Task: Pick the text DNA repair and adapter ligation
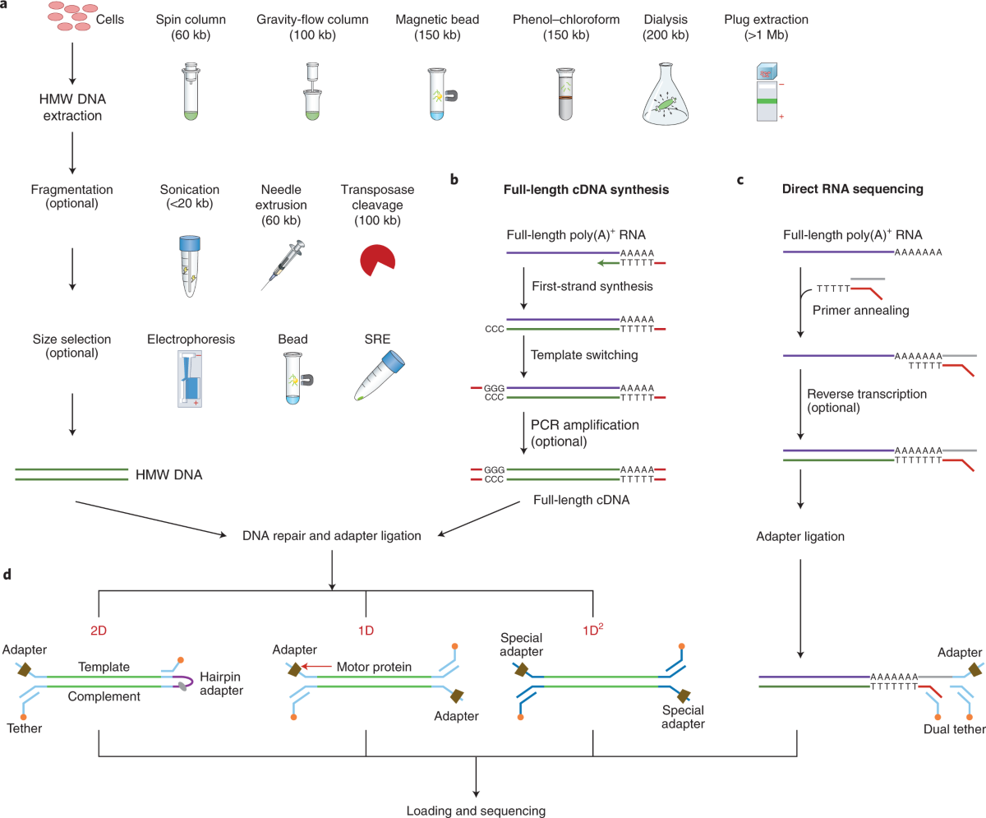tap(332, 536)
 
